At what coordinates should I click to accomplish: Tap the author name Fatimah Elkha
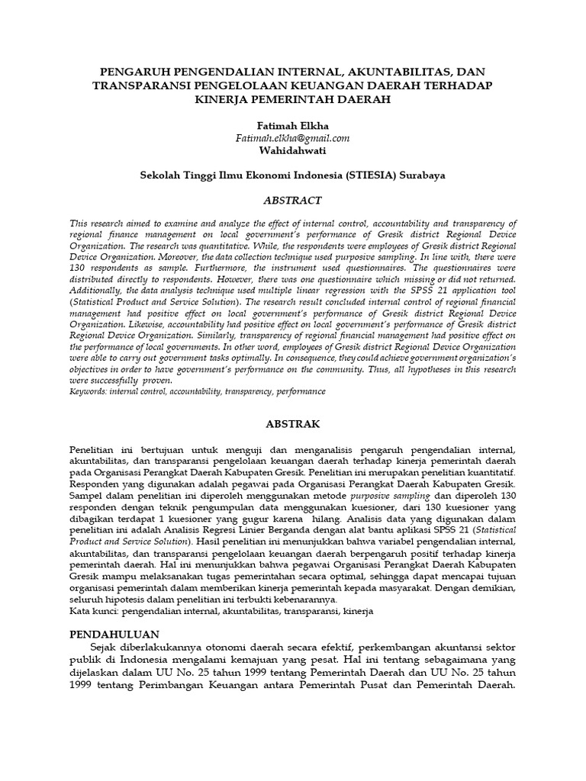[292, 124]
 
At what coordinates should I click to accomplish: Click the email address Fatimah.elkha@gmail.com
[292, 137]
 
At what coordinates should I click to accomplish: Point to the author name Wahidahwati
[292, 150]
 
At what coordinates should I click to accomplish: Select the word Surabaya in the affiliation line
[422, 175]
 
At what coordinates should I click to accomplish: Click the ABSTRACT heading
[292, 201]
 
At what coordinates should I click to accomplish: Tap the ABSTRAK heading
[292, 423]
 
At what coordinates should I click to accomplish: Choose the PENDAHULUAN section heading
[114, 634]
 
